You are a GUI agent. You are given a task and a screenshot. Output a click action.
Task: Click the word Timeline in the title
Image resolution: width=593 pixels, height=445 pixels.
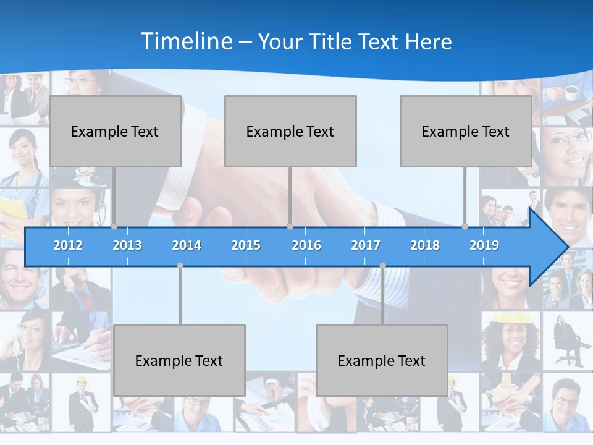click(186, 41)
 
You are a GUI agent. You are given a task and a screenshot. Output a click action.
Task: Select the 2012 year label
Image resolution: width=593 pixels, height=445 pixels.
click(68, 245)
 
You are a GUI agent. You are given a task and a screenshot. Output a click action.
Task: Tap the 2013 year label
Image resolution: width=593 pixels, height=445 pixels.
click(127, 245)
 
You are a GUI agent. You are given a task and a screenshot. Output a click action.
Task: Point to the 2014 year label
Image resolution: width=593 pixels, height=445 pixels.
click(187, 245)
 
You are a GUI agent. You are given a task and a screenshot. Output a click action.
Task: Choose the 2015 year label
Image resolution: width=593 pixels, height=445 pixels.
click(246, 245)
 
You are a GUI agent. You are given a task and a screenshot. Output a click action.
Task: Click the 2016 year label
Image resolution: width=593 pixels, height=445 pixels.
click(306, 245)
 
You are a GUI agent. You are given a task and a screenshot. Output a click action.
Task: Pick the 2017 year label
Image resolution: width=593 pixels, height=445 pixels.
click(366, 245)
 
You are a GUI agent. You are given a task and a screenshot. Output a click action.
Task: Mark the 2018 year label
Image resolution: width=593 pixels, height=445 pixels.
click(425, 245)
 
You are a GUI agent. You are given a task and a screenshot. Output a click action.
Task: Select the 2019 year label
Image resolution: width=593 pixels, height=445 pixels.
click(484, 245)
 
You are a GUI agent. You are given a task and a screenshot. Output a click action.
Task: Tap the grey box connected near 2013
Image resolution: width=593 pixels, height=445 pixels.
click(115, 131)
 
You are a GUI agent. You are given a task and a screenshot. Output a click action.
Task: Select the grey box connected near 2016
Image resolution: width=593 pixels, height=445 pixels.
click(290, 131)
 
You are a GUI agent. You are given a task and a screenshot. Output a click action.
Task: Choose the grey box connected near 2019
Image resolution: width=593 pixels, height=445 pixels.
click(466, 131)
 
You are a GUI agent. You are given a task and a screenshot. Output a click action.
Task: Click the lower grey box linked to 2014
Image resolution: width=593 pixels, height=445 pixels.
click(179, 360)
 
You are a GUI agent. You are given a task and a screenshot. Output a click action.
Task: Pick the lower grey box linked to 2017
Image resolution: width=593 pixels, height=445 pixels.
click(382, 360)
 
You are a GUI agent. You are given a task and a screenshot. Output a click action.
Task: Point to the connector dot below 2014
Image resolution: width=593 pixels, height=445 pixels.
click(180, 265)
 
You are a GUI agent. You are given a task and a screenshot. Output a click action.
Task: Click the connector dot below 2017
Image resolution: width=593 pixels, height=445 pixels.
click(382, 265)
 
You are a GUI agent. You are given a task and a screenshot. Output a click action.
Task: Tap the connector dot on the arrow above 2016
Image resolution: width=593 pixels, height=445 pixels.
click(290, 227)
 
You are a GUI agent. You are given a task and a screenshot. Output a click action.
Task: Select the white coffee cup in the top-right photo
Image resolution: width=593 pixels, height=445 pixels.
click(571, 93)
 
